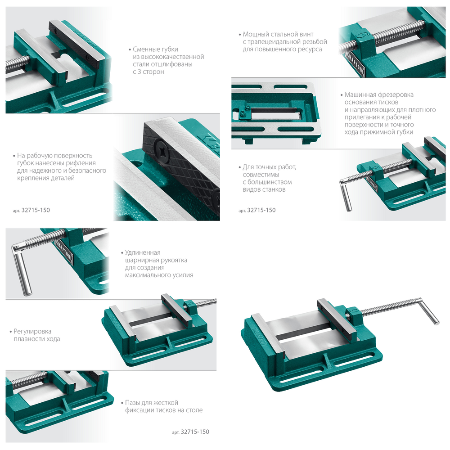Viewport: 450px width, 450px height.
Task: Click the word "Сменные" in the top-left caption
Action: (x=145, y=49)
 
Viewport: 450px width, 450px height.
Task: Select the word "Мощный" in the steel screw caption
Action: (x=255, y=35)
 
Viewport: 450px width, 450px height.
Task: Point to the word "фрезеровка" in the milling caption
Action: (x=396, y=94)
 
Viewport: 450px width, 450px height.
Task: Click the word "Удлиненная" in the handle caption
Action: (x=143, y=252)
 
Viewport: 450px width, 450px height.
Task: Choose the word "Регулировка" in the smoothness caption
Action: (x=32, y=332)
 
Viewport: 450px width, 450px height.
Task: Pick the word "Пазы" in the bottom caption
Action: (x=132, y=403)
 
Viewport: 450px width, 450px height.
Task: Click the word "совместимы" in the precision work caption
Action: (x=261, y=175)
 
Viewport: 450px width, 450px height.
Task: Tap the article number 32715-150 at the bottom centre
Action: (x=195, y=432)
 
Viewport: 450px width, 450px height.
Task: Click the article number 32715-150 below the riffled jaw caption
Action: (x=36, y=210)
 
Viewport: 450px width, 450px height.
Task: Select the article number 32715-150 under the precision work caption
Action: (x=261, y=210)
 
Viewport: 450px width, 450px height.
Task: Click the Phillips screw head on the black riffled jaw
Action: (x=162, y=149)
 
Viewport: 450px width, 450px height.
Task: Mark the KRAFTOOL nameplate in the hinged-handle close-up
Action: (x=64, y=250)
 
